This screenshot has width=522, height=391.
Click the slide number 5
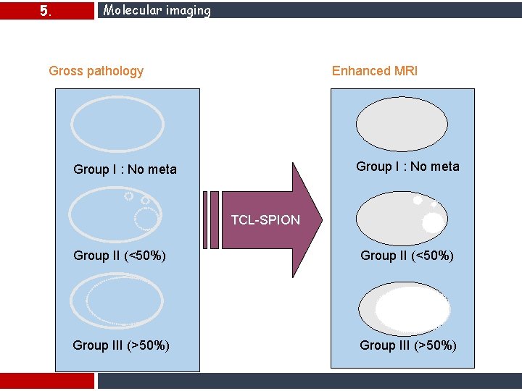click(x=45, y=11)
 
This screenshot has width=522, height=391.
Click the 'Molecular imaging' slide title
click(x=157, y=10)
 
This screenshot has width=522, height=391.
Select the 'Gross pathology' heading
click(x=96, y=71)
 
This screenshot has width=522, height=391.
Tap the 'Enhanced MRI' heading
click(x=374, y=71)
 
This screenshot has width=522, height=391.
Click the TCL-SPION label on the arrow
click(x=265, y=220)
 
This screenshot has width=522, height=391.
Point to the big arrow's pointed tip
click(x=320, y=220)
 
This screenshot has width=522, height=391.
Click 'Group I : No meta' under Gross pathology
click(x=125, y=169)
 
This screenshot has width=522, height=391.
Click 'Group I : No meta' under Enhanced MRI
click(x=407, y=167)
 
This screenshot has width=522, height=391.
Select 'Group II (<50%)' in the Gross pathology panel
click(x=120, y=256)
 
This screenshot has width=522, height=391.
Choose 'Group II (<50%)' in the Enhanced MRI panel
click(x=407, y=256)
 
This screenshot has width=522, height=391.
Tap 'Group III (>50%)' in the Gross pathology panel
click(x=121, y=345)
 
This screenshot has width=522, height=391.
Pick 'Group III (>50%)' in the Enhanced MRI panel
click(x=408, y=345)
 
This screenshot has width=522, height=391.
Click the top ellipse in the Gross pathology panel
click(x=117, y=125)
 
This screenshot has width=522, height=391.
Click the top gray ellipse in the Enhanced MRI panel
click(x=402, y=125)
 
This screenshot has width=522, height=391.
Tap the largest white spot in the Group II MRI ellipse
click(x=432, y=222)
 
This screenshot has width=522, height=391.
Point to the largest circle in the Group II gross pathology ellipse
click(x=147, y=217)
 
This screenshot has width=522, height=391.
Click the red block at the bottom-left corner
click(x=47, y=381)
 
